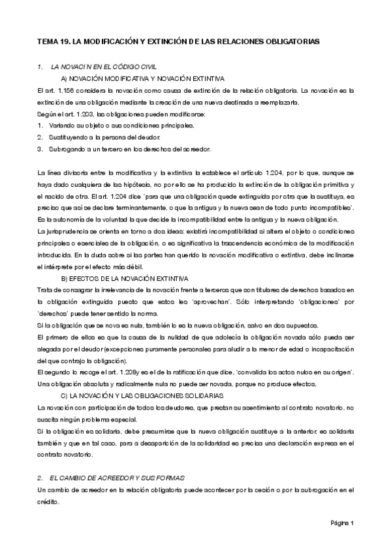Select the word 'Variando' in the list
pos(63,124)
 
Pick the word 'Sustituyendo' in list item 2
pos(69,137)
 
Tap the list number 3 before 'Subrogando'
pos(40,149)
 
